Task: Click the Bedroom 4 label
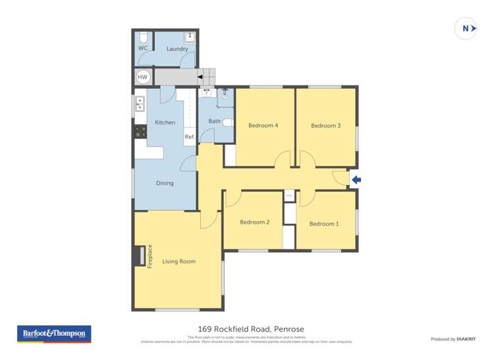[263, 125]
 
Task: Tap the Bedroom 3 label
[325, 125]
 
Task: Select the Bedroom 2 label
[254, 222]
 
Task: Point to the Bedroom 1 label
[324, 224]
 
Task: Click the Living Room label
[178, 261]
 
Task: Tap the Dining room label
[165, 183]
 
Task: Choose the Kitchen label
[165, 122]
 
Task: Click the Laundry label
[177, 49]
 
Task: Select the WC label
[143, 49]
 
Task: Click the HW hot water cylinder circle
[143, 77]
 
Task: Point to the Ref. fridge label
[190, 137]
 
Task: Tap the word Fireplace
[150, 256]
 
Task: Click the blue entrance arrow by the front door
[356, 180]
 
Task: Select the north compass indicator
[466, 28]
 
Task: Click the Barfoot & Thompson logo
[54, 334]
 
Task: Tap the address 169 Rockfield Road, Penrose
[251, 329]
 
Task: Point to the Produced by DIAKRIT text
[453, 339]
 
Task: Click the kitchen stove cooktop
[140, 132]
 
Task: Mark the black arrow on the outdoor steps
[200, 77]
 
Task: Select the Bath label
[215, 121]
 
